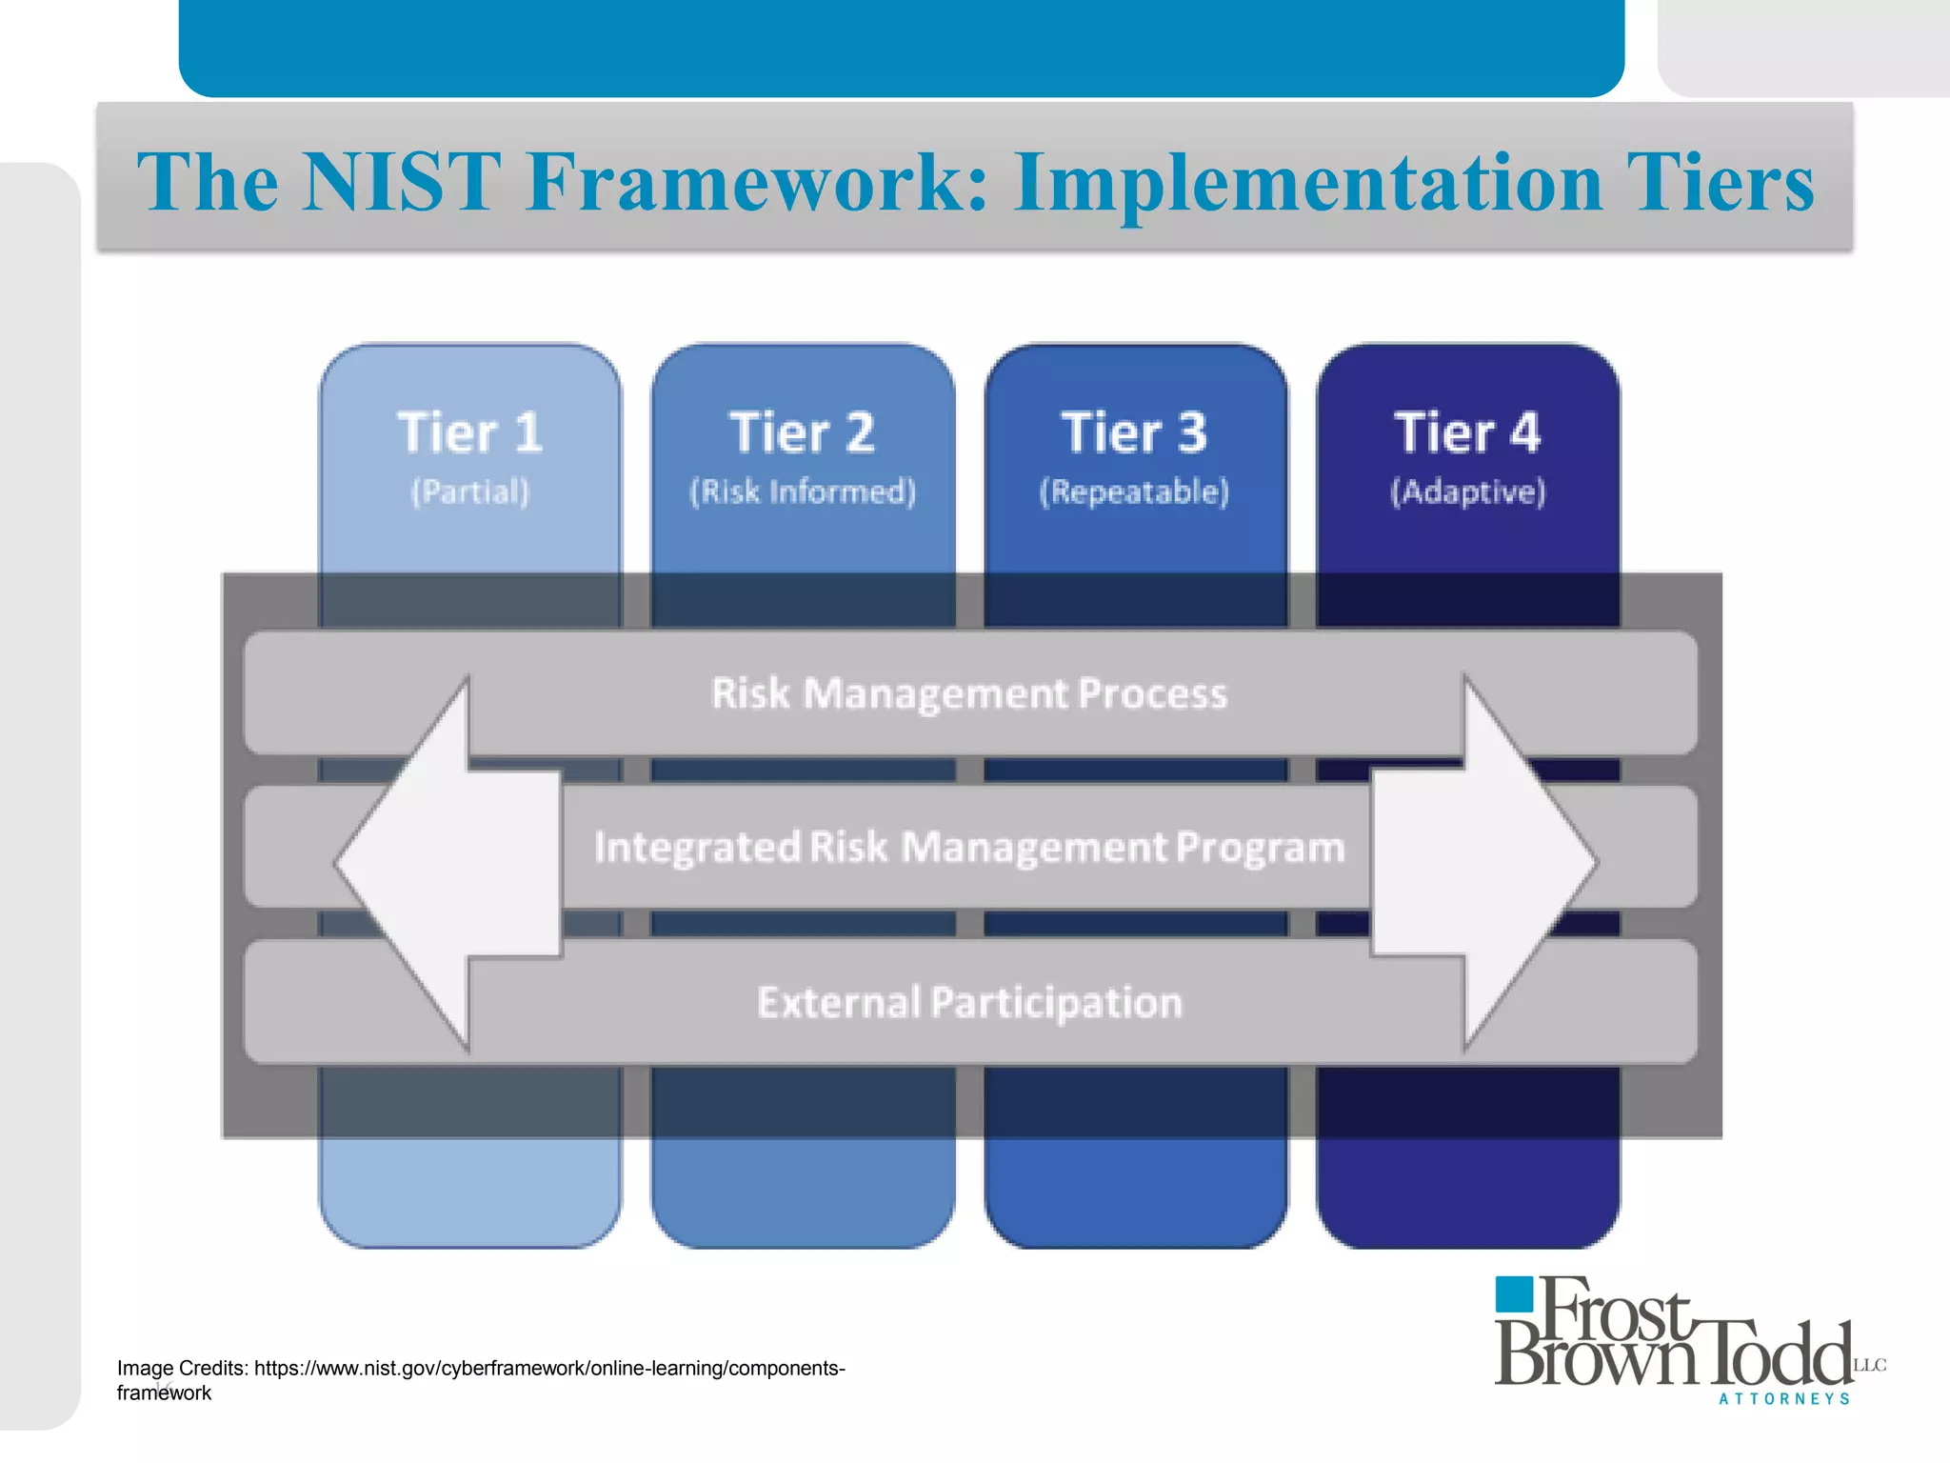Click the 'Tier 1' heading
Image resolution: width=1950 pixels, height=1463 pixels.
click(469, 433)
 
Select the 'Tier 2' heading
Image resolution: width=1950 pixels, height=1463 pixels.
click(802, 433)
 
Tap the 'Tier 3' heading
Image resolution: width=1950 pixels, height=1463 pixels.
click(1134, 433)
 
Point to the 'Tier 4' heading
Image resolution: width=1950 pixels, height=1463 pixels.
click(1467, 433)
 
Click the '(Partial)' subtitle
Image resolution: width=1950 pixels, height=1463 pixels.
click(469, 492)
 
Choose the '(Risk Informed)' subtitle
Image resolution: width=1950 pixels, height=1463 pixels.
click(802, 492)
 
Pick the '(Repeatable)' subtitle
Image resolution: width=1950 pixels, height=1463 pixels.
click(1134, 492)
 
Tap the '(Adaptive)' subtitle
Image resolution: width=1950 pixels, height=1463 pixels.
click(1467, 492)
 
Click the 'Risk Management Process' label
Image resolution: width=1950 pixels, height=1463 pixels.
click(969, 694)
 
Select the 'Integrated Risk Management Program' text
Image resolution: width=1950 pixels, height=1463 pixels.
click(969, 848)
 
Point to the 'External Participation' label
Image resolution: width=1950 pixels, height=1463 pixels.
click(969, 1003)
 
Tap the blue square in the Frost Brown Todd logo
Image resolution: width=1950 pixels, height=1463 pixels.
click(1513, 1294)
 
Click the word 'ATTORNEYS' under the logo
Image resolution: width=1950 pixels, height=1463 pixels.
click(1784, 1399)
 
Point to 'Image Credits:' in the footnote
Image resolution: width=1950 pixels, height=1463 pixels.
click(183, 1369)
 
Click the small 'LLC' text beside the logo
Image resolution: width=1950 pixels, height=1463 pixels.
click(1869, 1366)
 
